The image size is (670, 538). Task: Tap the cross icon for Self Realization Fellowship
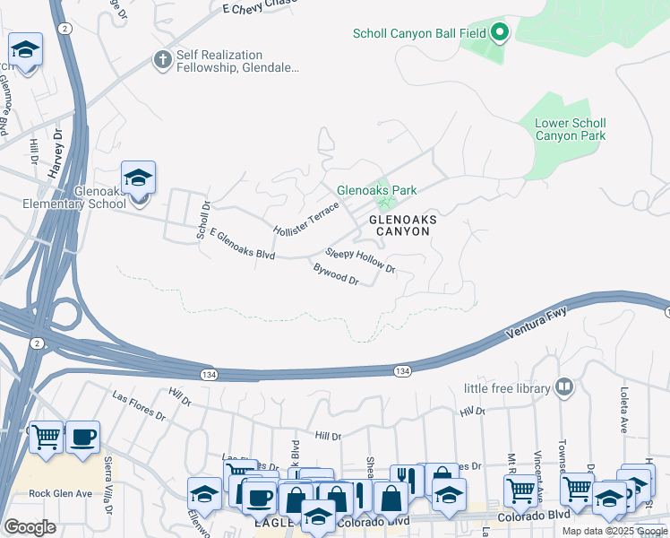click(x=162, y=60)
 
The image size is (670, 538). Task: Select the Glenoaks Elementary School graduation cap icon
click(x=139, y=177)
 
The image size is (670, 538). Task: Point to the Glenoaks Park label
click(x=376, y=190)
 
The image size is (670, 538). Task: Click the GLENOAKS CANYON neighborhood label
click(x=400, y=225)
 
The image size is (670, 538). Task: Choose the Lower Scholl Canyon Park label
click(x=570, y=130)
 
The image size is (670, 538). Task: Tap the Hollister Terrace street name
click(x=306, y=218)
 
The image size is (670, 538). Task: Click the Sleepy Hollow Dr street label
click(x=360, y=260)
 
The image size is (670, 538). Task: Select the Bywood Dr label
click(x=336, y=273)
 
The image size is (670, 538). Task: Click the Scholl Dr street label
click(x=202, y=219)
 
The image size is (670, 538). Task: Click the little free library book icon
click(x=564, y=387)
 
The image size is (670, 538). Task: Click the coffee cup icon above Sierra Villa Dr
click(x=83, y=438)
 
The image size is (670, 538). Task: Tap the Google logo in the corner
click(x=30, y=527)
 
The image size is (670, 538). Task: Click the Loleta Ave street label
click(x=624, y=408)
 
